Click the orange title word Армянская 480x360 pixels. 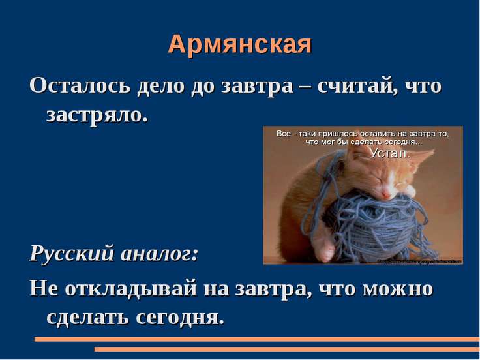(240, 44)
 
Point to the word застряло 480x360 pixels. (97, 115)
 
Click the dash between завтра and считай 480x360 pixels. (304, 87)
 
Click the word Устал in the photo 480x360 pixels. (390, 154)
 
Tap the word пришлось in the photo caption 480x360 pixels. (334, 134)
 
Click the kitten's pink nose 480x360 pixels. (385, 194)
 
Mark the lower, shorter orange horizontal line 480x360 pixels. (287, 349)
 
